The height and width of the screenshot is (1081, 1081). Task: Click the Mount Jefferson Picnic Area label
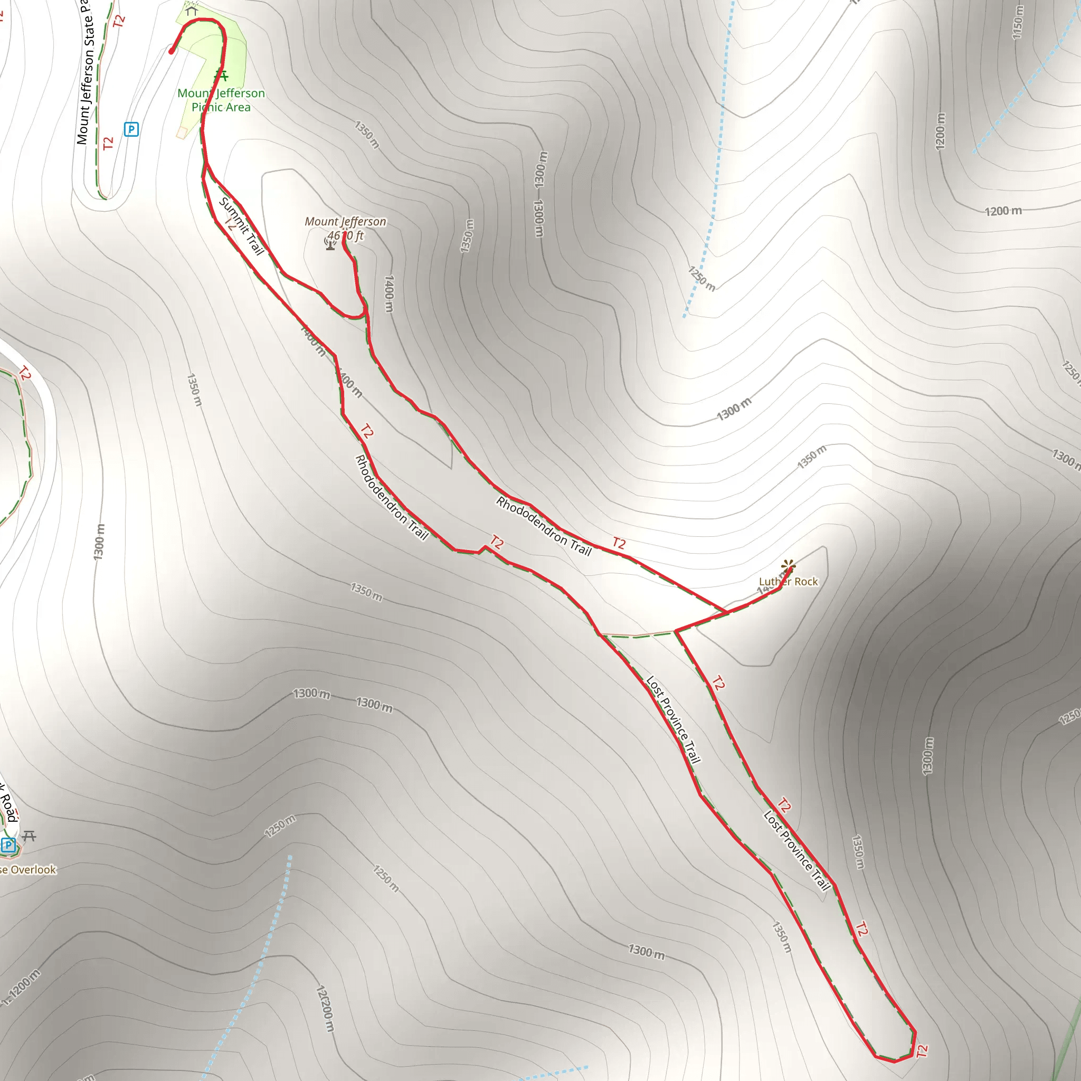coord(221,100)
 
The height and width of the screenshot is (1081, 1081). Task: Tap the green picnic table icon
coord(222,75)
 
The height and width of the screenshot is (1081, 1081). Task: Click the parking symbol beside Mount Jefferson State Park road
coord(131,130)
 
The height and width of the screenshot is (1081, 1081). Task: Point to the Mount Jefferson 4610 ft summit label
coord(345,228)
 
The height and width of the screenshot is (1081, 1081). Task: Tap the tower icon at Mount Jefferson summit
coord(330,243)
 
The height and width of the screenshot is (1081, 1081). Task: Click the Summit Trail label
coord(241,226)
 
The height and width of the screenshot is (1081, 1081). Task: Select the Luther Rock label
coord(788,582)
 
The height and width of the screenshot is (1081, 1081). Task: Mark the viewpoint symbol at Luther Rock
coord(789,566)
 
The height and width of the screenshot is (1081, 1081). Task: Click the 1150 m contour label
coord(1018,22)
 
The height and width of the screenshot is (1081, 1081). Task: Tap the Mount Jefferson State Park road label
coord(84,73)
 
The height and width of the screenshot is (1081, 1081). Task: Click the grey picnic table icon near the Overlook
coord(29,836)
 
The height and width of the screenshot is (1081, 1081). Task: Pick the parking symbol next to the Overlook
coord(8,845)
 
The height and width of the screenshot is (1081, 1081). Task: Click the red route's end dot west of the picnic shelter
coord(171,52)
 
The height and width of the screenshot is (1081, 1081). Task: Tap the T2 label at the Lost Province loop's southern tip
coord(922,1051)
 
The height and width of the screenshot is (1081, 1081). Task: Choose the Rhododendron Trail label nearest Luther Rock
coord(543,526)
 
